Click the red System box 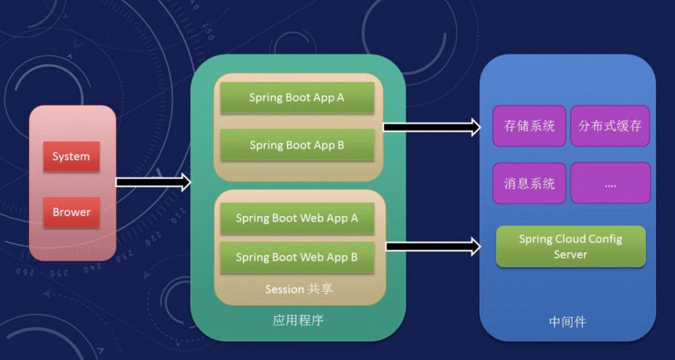71,157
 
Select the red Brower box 71,212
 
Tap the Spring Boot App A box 297,98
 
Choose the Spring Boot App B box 297,145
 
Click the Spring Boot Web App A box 297,219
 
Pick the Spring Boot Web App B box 297,257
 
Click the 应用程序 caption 298,320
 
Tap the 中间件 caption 567,322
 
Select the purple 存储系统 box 529,126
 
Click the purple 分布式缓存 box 610,126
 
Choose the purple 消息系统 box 529,183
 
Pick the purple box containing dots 610,183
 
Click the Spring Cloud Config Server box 570,247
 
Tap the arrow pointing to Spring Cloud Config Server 433,247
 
